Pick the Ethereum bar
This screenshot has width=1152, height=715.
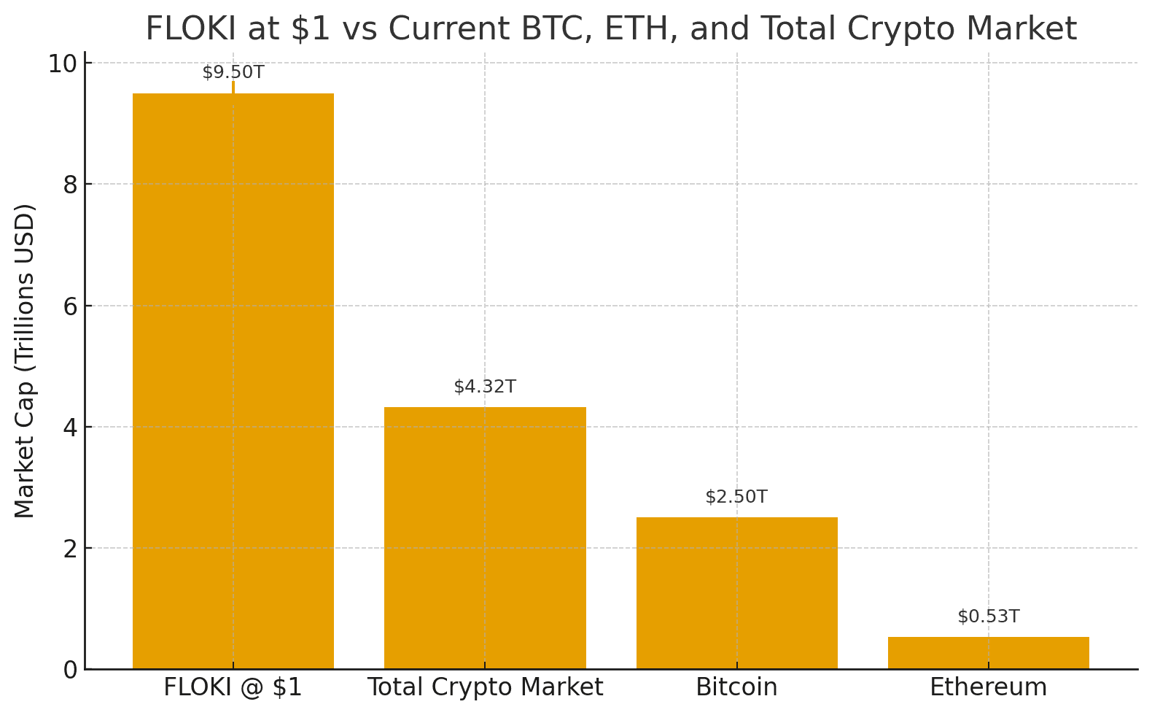pos(988,653)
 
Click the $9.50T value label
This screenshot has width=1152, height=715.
pos(233,72)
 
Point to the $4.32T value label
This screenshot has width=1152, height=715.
pos(485,387)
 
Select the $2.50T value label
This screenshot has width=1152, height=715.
pos(736,497)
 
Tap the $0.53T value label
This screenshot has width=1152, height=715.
pos(988,617)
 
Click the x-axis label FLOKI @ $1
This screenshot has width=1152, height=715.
pos(233,687)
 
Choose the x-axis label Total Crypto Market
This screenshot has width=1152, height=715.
pos(485,687)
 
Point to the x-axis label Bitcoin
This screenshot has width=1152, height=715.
pos(736,687)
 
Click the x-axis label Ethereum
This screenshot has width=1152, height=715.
pos(988,687)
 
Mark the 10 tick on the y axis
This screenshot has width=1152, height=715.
pos(63,63)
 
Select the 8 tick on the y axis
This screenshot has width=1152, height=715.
pos(70,185)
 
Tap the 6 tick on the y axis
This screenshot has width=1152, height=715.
pos(70,306)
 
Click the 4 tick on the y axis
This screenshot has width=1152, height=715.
pos(70,428)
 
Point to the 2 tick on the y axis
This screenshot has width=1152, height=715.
pos(70,549)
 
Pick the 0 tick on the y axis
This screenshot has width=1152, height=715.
pos(70,670)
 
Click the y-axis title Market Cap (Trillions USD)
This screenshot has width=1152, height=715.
pos(25,361)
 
